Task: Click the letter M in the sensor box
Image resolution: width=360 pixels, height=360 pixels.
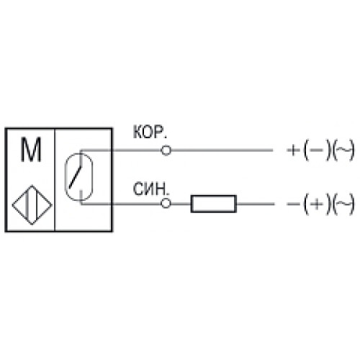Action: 31,150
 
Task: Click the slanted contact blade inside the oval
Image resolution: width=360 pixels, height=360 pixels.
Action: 76,177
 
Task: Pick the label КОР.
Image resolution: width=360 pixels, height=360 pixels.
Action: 150,132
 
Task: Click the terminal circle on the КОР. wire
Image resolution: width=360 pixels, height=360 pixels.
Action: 166,150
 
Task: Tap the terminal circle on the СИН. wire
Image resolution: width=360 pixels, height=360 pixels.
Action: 166,204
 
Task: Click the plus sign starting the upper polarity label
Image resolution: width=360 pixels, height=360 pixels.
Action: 293,150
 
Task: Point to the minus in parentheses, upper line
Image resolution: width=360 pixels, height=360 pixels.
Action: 316,150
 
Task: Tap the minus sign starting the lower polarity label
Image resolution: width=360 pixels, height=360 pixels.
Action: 293,204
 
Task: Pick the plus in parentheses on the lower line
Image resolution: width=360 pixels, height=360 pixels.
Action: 317,204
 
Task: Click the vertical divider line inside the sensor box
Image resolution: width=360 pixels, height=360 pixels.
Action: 55,180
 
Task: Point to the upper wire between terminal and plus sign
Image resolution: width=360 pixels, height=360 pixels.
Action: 222,150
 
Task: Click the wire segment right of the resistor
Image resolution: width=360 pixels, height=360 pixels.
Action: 256,204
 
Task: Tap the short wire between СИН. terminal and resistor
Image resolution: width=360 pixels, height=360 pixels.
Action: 181,204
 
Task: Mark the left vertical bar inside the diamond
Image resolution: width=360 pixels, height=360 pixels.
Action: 27,205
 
